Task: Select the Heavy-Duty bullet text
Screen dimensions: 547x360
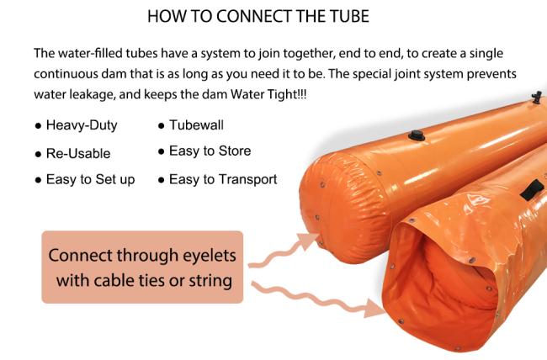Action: tap(82, 125)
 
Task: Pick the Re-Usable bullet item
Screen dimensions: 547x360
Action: tap(78, 153)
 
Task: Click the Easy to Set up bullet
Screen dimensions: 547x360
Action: tap(90, 180)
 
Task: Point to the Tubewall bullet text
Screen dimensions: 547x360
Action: tap(196, 125)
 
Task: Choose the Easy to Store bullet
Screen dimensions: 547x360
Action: tap(210, 151)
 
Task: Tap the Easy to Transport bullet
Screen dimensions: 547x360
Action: tap(223, 180)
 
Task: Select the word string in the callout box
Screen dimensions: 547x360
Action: tap(210, 280)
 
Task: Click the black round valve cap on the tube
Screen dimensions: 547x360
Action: tap(417, 135)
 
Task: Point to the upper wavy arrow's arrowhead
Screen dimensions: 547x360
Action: tap(308, 241)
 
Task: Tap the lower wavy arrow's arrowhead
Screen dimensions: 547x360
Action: tap(374, 309)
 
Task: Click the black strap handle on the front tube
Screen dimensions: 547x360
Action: tap(532, 189)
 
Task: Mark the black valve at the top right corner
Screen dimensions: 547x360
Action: tap(537, 98)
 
